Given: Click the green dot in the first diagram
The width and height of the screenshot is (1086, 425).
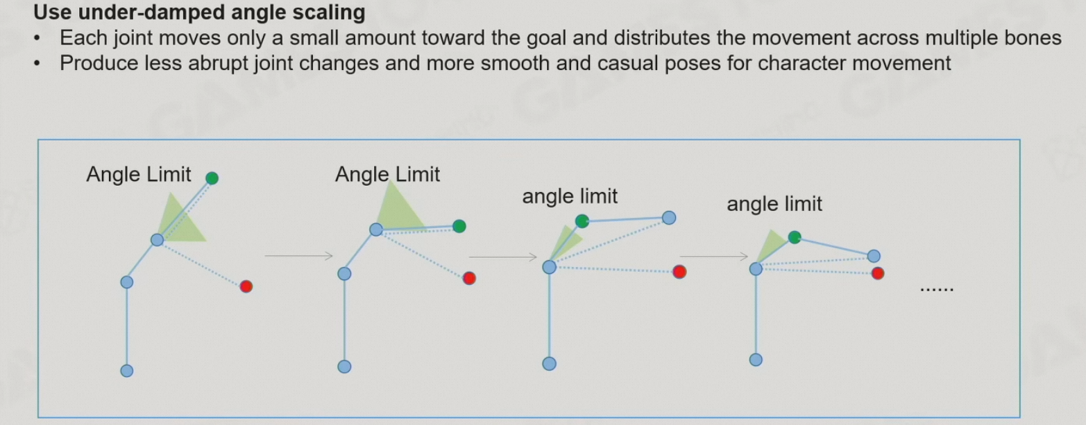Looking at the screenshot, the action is tap(212, 178).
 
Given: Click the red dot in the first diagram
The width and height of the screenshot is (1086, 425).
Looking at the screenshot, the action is tap(246, 286).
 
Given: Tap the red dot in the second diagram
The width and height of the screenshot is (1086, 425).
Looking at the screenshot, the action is tap(469, 278).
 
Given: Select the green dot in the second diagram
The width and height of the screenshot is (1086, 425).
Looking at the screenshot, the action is tap(459, 226).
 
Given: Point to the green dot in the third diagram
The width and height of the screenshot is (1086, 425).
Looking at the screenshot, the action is tap(582, 221).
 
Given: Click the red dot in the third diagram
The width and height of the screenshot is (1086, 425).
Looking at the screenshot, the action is tap(679, 272).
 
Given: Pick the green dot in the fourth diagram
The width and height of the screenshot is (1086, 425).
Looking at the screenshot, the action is tap(795, 238).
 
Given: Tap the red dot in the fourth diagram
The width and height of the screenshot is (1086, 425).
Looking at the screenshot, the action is tap(878, 273).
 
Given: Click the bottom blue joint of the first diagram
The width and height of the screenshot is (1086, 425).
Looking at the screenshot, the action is tap(126, 370).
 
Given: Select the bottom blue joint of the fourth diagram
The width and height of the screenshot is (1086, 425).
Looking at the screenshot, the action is tap(756, 359).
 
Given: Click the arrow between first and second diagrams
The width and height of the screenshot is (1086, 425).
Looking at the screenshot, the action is tap(298, 257).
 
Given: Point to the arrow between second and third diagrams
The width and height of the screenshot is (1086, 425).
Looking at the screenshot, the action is tap(503, 257).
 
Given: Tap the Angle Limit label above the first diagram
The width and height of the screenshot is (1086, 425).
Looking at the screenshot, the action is tap(138, 175).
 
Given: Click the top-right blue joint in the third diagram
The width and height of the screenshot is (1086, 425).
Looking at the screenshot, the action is tap(669, 218).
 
